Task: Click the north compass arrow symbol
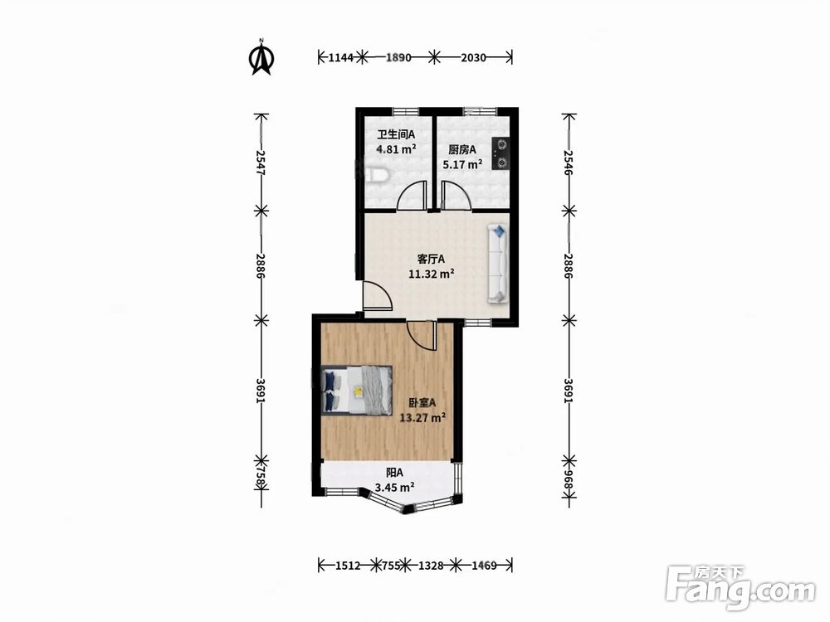point(261,57)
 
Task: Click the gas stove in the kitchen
point(500,153)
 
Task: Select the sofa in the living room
point(497,264)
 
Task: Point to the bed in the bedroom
point(356,389)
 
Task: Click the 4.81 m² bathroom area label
point(396,149)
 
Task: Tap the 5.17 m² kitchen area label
point(462,164)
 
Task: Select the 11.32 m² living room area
point(432,274)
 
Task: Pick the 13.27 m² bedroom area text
point(422,418)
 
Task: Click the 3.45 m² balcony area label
point(394,487)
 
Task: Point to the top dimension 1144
point(340,58)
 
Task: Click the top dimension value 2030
point(473,58)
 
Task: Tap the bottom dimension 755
point(391,566)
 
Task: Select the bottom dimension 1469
point(485,566)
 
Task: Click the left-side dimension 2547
point(261,163)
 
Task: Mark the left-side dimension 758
point(261,478)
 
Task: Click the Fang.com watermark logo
point(740,588)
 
